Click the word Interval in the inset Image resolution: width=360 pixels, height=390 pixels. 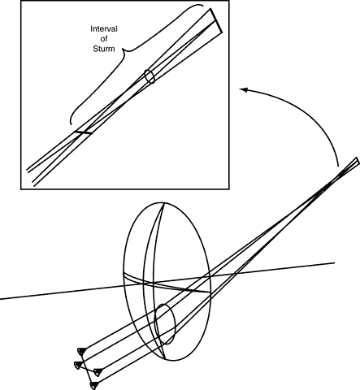pyautogui.click(x=104, y=28)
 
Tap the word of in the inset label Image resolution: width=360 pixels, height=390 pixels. pyautogui.click(x=104, y=39)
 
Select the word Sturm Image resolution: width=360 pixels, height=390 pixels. pyautogui.click(x=104, y=49)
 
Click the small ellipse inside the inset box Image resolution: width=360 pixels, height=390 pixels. pyautogui.click(x=150, y=76)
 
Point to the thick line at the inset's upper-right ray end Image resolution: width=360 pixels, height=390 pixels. pyautogui.click(x=216, y=21)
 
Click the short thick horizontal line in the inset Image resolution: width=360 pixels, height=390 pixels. pyautogui.click(x=83, y=132)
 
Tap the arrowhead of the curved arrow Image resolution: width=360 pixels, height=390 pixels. pyautogui.click(x=244, y=89)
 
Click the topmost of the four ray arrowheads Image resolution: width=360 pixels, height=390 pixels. pyautogui.click(x=82, y=351)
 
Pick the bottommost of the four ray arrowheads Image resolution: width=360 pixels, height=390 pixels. pyautogui.click(x=94, y=385)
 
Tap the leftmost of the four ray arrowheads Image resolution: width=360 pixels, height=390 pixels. pyautogui.click(x=78, y=365)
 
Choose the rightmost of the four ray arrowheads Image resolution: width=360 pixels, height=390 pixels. pyautogui.click(x=98, y=372)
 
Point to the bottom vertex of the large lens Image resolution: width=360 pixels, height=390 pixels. pyautogui.click(x=166, y=360)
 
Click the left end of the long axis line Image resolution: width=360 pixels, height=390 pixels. pyautogui.click(x=0, y=299)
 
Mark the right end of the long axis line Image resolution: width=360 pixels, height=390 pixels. pyautogui.click(x=335, y=262)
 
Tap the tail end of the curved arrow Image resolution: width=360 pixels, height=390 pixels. pyautogui.click(x=339, y=166)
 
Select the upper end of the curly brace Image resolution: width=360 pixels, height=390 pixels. pyautogui.click(x=202, y=6)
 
